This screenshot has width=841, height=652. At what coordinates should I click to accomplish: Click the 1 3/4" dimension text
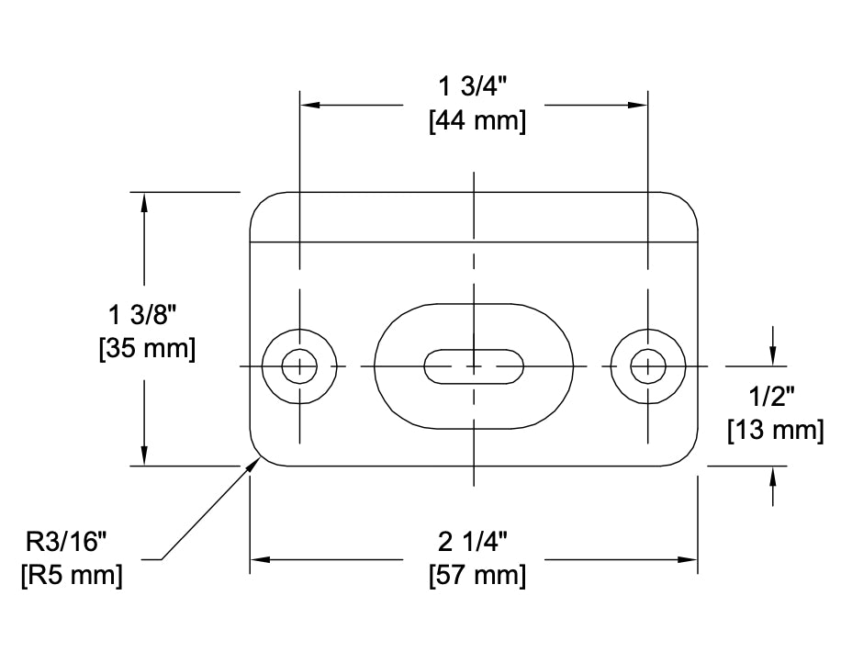(474, 87)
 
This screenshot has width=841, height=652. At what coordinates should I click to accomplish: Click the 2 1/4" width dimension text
(474, 542)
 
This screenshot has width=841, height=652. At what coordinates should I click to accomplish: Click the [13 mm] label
(774, 429)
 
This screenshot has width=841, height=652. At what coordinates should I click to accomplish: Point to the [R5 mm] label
(72, 576)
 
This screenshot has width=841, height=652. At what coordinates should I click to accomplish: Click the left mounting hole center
(297, 366)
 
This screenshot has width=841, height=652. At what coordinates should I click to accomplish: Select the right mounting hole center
(648, 366)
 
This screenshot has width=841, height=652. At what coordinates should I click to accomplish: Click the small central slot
(473, 366)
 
